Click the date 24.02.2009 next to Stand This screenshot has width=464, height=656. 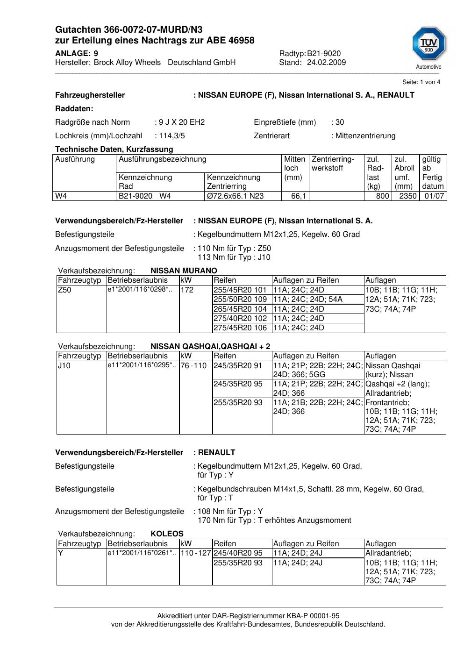(326, 63)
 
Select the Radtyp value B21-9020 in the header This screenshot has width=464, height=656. (324, 54)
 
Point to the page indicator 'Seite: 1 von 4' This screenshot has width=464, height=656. (421, 82)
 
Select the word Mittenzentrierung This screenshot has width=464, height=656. (365, 136)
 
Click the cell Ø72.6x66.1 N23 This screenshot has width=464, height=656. (235, 196)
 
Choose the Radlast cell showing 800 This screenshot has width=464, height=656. (382, 196)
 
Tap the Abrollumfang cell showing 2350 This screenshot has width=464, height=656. (407, 196)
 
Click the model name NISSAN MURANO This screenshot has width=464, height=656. (184, 271)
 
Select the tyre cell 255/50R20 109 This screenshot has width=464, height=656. (240, 299)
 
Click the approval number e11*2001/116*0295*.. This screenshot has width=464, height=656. (142, 365)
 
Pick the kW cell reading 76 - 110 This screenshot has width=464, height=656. (193, 365)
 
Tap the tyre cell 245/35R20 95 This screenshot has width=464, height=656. (238, 384)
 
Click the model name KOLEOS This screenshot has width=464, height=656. (167, 534)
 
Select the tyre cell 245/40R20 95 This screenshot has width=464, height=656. (238, 553)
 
